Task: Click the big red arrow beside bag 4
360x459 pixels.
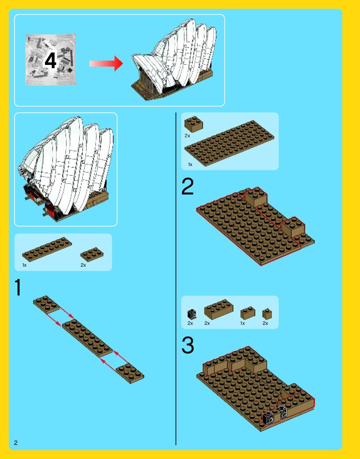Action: click(106, 63)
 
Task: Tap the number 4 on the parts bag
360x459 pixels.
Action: click(50, 60)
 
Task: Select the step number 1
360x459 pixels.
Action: click(18, 287)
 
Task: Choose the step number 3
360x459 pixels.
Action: click(188, 345)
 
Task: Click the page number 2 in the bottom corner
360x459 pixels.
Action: click(16, 442)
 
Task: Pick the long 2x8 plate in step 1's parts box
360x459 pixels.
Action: click(47, 249)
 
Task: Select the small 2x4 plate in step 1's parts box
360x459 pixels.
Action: click(92, 254)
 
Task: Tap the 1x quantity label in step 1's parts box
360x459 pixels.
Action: click(24, 265)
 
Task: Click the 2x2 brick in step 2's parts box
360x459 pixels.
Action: click(194, 124)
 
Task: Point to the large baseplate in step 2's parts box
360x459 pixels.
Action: click(229, 143)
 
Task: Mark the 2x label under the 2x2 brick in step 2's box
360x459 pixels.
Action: click(187, 136)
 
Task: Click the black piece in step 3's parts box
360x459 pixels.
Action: click(192, 314)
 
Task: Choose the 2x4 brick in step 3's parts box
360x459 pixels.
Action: click(218, 309)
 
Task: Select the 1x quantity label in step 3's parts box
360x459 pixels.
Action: click(243, 323)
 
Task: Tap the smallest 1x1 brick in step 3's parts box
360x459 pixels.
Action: click(267, 314)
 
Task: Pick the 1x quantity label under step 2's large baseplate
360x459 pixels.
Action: click(190, 164)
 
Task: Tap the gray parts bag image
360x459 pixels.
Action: click(51, 59)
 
